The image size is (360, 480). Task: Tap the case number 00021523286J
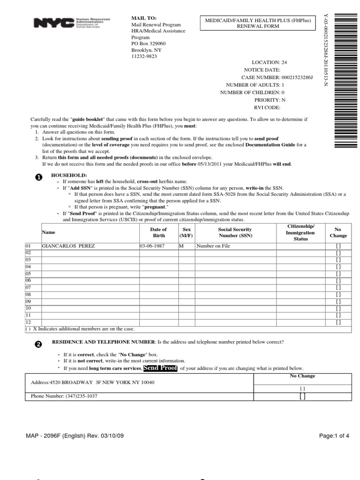coord(297,77)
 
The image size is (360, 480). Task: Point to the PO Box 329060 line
coord(148,44)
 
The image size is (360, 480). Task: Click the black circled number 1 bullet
coord(39,177)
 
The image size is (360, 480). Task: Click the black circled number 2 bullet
coord(39,344)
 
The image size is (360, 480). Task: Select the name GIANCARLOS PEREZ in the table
coord(68,246)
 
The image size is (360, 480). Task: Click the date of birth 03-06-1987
coord(152,246)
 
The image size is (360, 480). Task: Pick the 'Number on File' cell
coord(213,246)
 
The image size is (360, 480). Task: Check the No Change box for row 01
coord(338,246)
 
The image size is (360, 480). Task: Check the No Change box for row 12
coord(338,322)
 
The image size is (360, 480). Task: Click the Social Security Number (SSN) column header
coord(235,232)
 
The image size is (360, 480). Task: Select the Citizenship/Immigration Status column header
coord(300,232)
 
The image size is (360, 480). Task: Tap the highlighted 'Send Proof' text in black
coord(160,368)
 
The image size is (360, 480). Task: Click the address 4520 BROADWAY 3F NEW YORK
coord(92,382)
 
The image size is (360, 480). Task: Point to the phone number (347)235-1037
coord(64,396)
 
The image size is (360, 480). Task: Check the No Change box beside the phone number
coord(302,397)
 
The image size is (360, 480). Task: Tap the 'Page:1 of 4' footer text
coord(334,436)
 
